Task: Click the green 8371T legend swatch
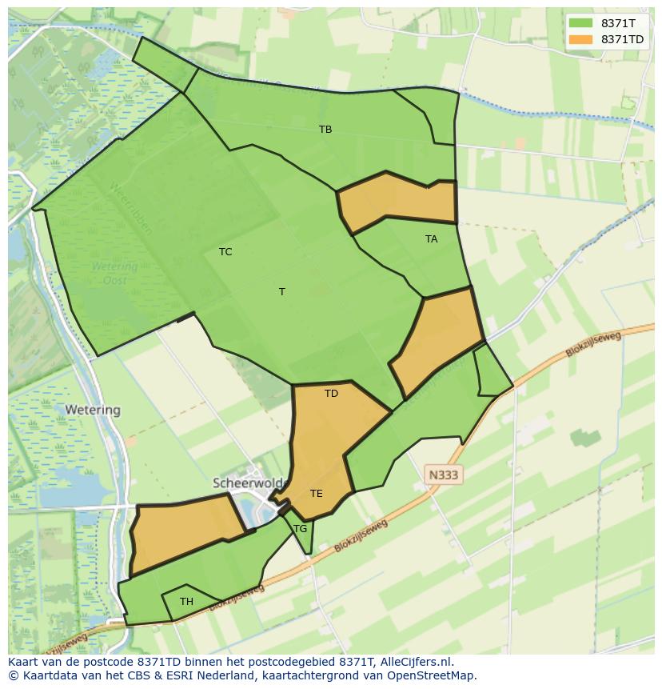pyautogui.click(x=581, y=23)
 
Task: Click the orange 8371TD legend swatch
pyautogui.click(x=581, y=39)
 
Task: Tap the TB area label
pyautogui.click(x=325, y=129)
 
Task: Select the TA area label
pyautogui.click(x=432, y=238)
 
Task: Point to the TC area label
pyautogui.click(x=225, y=251)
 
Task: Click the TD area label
pyautogui.click(x=332, y=393)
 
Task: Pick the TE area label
pyautogui.click(x=317, y=493)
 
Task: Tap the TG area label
pyautogui.click(x=301, y=528)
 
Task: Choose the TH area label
pyautogui.click(x=186, y=601)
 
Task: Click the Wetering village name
pyautogui.click(x=93, y=410)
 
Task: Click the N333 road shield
pyautogui.click(x=444, y=475)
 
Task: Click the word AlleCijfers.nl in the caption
pyautogui.click(x=415, y=662)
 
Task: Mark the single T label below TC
pyautogui.click(x=281, y=291)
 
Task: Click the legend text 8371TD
pyautogui.click(x=623, y=39)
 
